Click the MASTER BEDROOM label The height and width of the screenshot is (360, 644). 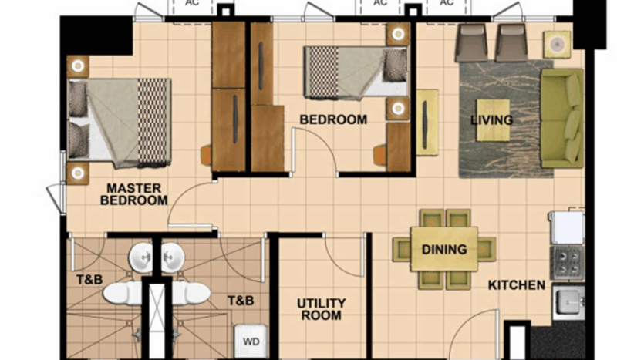click(134, 194)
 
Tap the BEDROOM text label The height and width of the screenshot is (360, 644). click(333, 119)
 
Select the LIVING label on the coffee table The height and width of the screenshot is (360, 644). click(491, 119)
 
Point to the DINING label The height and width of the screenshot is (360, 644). click(444, 249)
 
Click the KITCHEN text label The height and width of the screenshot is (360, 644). click(517, 285)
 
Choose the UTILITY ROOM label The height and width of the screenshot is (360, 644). click(321, 309)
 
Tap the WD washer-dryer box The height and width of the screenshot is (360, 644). click(251, 341)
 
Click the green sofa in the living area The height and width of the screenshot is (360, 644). click(562, 118)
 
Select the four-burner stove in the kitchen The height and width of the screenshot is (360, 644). click(567, 263)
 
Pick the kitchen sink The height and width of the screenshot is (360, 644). click(569, 302)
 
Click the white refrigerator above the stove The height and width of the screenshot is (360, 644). click(567, 228)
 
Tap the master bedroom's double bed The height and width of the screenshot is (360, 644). click(119, 123)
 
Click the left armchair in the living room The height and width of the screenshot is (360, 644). click(471, 42)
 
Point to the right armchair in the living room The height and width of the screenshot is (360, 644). click(511, 42)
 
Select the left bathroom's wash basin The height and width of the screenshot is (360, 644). click(141, 257)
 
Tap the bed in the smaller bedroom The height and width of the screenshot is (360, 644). click(356, 73)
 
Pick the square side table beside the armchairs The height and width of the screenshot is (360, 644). click(557, 44)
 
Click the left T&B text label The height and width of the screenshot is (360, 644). click(89, 280)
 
